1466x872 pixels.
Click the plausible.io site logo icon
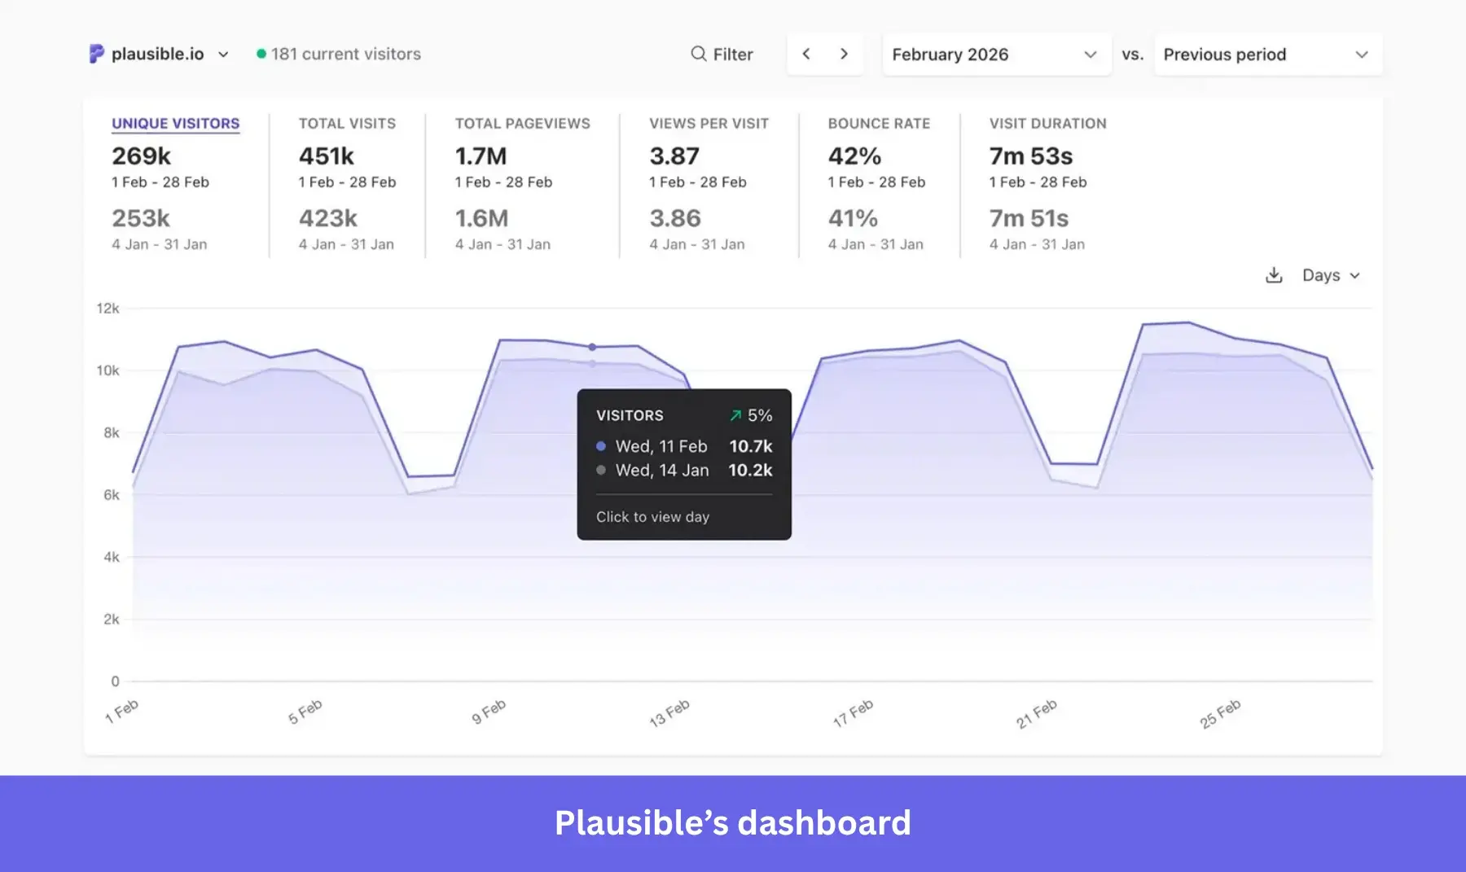point(96,54)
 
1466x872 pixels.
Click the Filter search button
point(722,55)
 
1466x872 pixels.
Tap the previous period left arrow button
point(806,54)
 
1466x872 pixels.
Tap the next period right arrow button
point(844,54)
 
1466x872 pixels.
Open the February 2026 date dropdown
point(995,55)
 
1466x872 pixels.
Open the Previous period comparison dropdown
point(1266,55)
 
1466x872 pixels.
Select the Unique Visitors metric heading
point(175,124)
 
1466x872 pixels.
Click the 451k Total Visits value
point(326,156)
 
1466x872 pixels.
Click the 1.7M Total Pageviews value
point(481,156)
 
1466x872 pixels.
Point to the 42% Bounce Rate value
point(854,156)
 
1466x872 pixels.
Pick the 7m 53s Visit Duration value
point(1030,156)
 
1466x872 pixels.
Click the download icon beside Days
point(1274,275)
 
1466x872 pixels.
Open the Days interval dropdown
point(1331,275)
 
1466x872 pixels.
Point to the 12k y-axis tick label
point(108,309)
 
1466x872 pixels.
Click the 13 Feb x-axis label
point(669,712)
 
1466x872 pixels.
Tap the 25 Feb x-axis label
point(1219,713)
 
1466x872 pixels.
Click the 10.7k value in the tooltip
point(750,446)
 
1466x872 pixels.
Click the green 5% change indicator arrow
point(735,415)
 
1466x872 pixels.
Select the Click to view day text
point(652,517)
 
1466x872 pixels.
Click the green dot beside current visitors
point(261,54)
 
